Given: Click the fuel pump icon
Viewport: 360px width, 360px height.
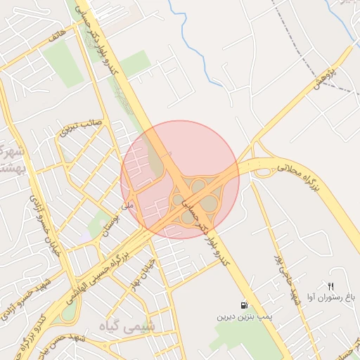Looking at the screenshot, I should tap(244, 306).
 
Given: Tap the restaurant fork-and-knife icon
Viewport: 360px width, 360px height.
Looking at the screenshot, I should tap(330, 285).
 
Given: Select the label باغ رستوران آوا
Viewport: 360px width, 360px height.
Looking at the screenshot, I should tap(331, 297).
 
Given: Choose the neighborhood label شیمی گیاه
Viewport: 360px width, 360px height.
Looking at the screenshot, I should tap(131, 327).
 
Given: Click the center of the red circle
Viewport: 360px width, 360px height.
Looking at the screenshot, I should tap(180, 179).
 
